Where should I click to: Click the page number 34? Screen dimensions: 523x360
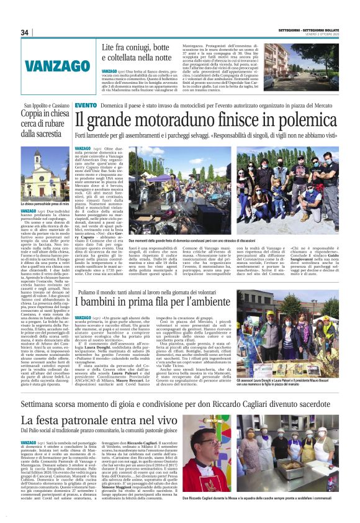coord(25,32)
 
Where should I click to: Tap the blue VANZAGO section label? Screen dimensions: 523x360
coord(43,66)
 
